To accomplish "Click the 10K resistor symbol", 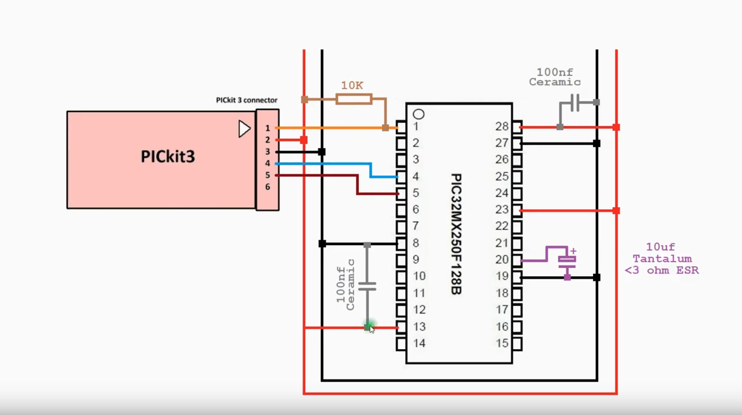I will pos(353,99).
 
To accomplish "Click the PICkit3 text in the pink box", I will pos(167,156).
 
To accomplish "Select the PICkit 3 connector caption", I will pos(247,100).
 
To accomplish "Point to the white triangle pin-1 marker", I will pos(244,129).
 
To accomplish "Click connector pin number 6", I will pos(268,187).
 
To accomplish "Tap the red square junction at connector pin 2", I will pos(304,140).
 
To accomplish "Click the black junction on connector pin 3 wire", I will pos(322,152).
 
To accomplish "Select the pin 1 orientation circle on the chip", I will pos(419,115).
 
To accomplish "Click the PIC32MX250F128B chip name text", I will pos(456,234).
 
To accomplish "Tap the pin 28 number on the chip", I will pos(502,127).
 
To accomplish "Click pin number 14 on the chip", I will pos(419,343).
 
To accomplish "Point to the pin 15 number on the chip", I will pos(502,343).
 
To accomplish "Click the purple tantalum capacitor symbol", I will pos(566,260).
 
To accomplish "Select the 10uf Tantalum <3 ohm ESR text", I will pos(661,259).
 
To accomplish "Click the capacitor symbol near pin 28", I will pos(575,103).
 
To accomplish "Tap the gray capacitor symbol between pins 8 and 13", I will pos(367,287).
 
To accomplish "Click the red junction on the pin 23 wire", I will pos(616,210).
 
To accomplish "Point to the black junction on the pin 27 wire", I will pos(596,144).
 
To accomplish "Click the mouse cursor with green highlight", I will pos(370,328).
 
